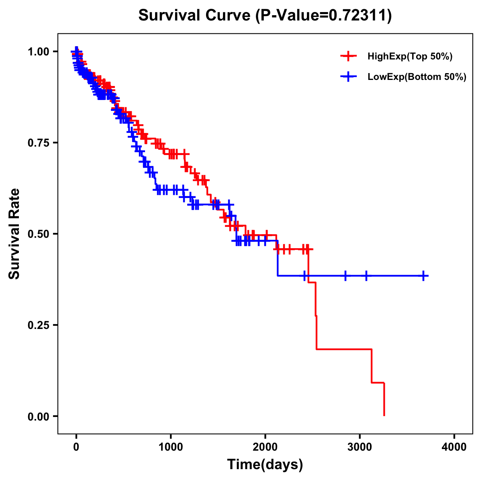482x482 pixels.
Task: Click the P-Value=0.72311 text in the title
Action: click(x=324, y=16)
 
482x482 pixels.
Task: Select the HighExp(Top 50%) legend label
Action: click(x=410, y=57)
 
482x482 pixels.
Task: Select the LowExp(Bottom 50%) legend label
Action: click(x=417, y=77)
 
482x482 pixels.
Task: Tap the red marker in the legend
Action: click(x=348, y=56)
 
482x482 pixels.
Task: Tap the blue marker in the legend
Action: click(x=348, y=76)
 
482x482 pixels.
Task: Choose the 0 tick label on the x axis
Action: click(x=76, y=447)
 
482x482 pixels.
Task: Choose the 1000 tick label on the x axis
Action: click(x=171, y=447)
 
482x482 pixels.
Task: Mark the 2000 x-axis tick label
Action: click(x=265, y=447)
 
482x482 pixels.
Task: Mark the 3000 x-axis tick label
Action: click(x=360, y=447)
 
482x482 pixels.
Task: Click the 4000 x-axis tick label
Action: click(x=454, y=447)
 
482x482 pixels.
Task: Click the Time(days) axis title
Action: click(x=265, y=465)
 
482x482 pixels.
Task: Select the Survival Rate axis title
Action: click(x=14, y=234)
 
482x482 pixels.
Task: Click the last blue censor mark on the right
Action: click(x=423, y=276)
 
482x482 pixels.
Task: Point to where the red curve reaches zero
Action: click(x=384, y=415)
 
